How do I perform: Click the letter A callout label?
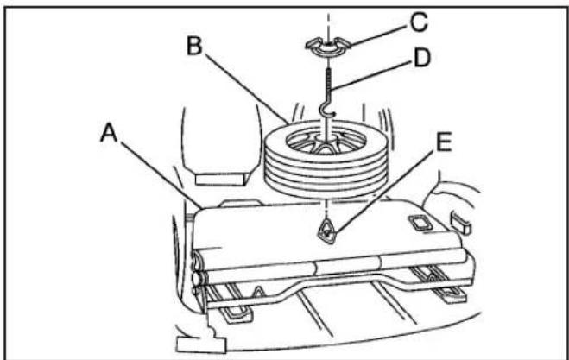[109, 132]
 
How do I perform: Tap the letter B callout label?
[194, 46]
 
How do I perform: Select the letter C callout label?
[419, 22]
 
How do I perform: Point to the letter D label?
[422, 57]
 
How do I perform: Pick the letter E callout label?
[444, 142]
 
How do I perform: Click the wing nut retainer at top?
[328, 47]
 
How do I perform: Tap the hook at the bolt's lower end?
[326, 110]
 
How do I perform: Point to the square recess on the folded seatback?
[420, 223]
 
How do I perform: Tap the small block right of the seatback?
[461, 224]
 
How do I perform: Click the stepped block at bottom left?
[202, 338]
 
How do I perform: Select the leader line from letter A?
[161, 175]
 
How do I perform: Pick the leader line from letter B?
[246, 88]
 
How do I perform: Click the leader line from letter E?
[384, 191]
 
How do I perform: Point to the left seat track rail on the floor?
[230, 303]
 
